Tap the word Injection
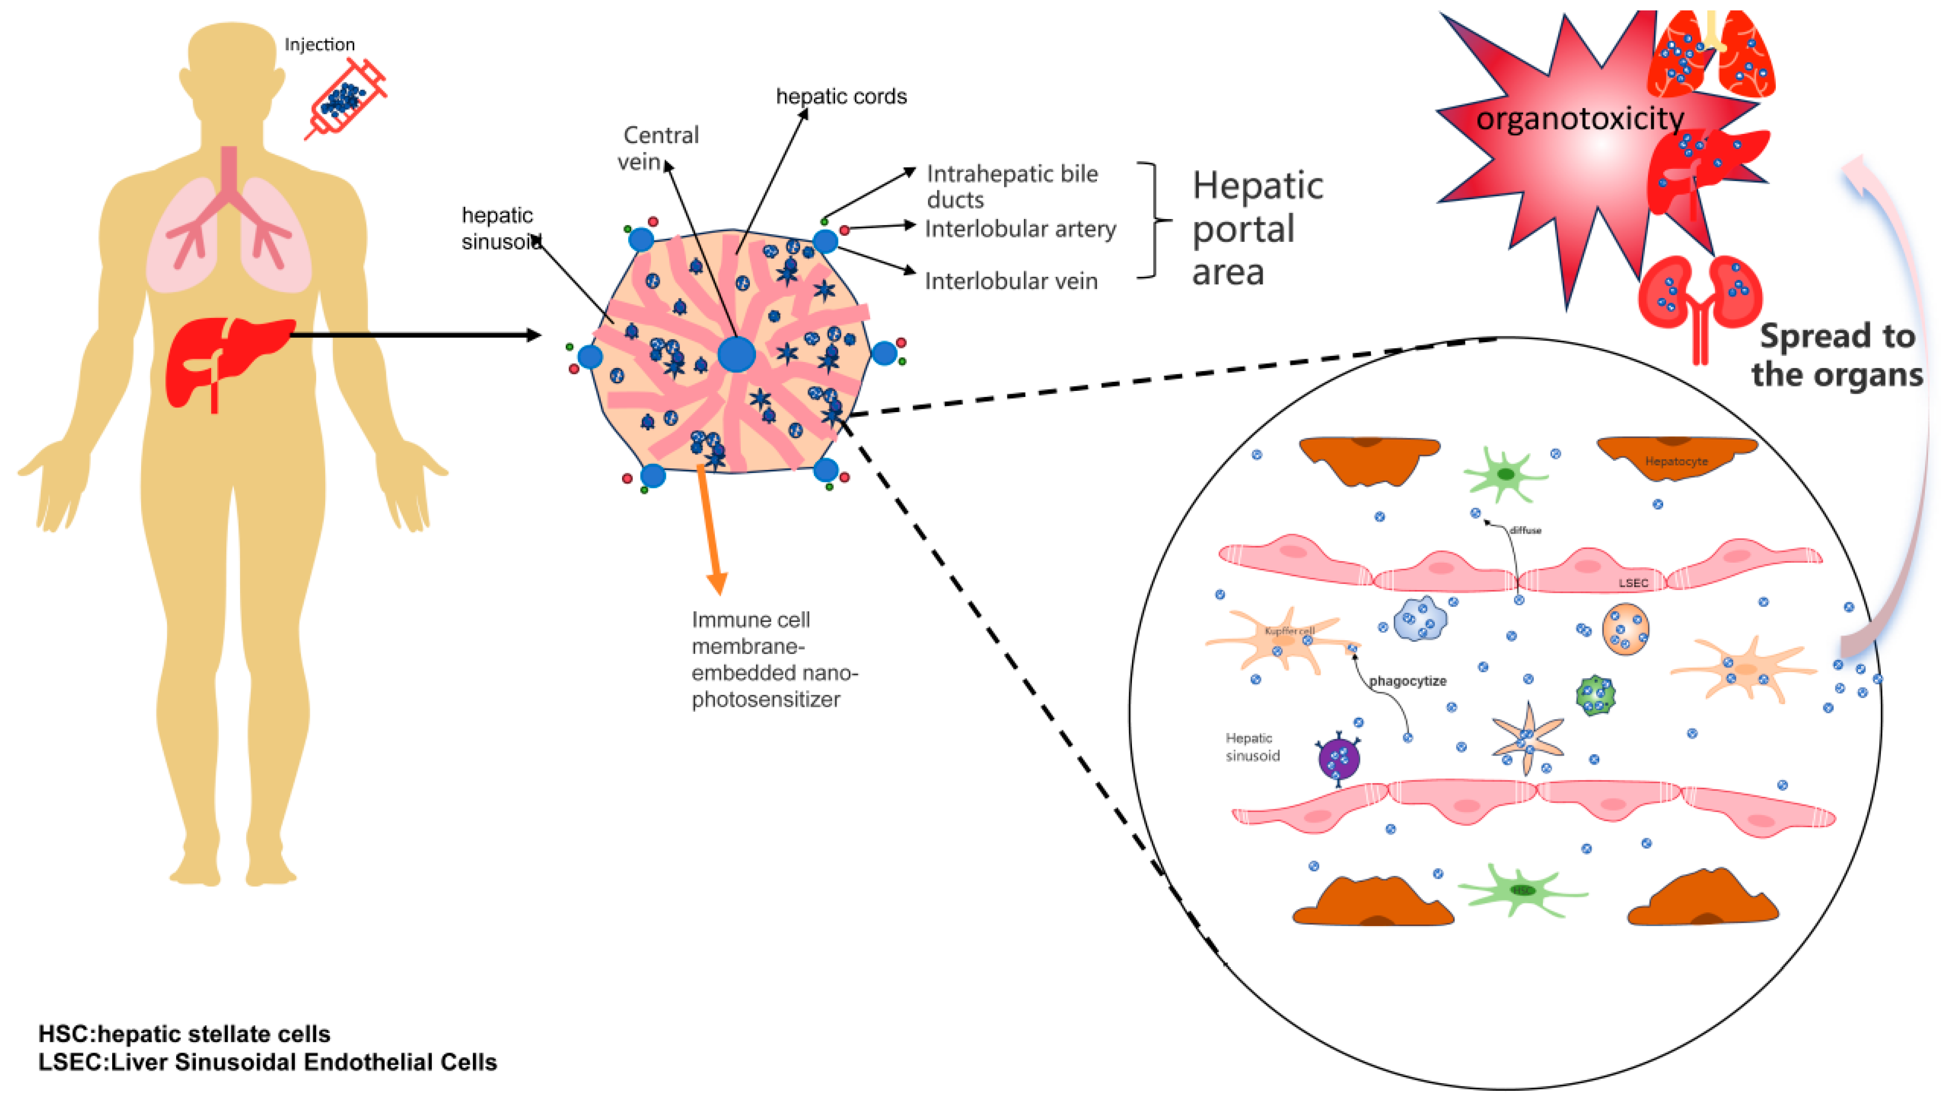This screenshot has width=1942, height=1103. tap(319, 44)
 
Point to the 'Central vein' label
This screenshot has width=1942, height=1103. tap(658, 148)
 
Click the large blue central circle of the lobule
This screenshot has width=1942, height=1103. tap(736, 354)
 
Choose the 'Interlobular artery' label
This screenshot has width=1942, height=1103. tap(1020, 229)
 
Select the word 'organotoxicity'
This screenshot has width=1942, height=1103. tap(1580, 119)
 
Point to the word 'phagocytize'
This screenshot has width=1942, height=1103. tap(1407, 681)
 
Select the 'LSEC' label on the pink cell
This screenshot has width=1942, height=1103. tap(1633, 582)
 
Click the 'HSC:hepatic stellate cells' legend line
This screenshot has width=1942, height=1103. tap(184, 1034)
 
